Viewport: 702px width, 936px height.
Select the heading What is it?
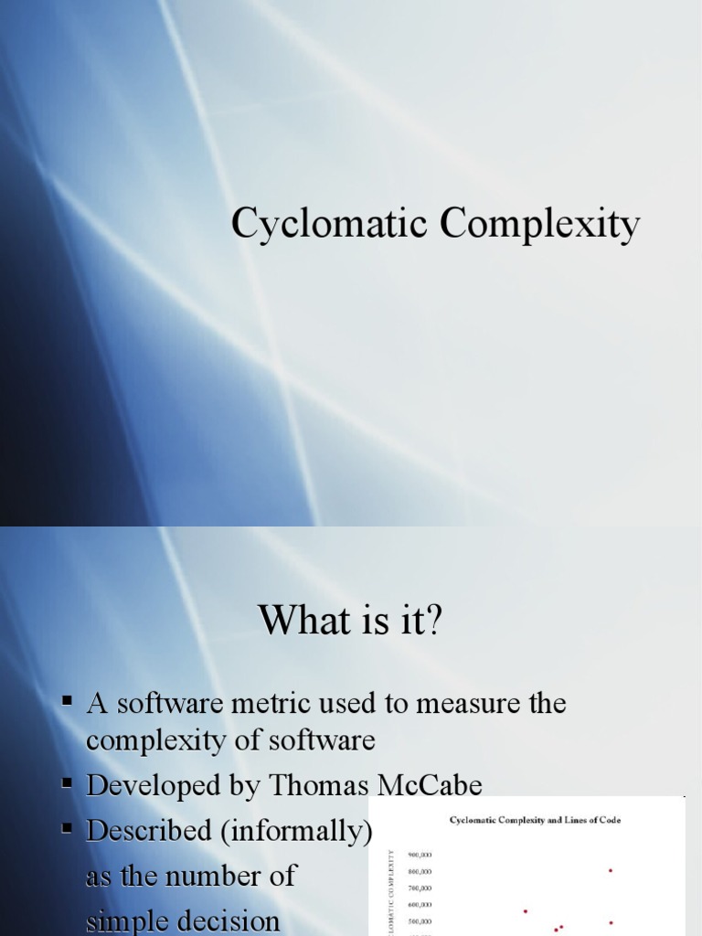point(350,622)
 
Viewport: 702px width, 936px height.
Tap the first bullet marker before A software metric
point(68,702)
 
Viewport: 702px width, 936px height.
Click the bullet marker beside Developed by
point(68,783)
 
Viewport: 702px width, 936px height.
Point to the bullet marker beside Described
point(68,829)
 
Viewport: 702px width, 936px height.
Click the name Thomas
point(293,785)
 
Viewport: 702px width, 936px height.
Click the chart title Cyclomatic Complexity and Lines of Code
point(535,820)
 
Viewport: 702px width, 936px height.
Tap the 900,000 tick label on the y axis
point(420,855)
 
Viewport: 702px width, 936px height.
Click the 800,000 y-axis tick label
point(420,871)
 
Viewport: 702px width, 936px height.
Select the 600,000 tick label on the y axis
point(420,905)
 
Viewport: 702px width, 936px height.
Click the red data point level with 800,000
point(611,870)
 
